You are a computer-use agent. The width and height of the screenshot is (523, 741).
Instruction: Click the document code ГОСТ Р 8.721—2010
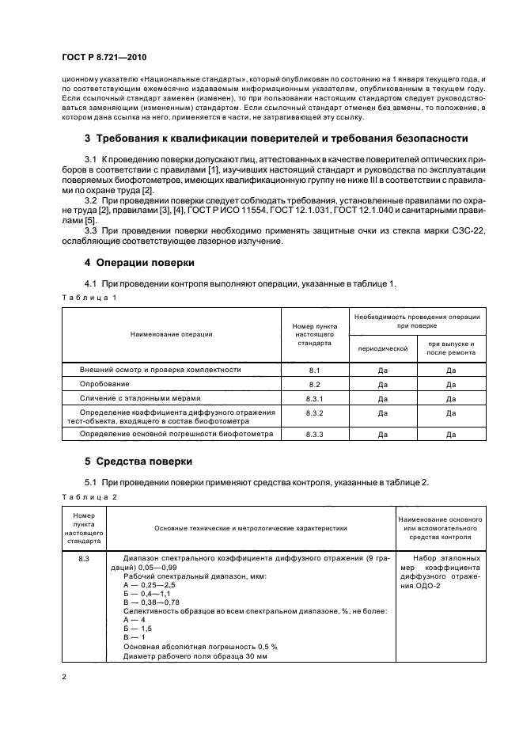[103, 58]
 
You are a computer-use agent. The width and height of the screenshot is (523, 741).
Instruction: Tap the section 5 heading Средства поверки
[138, 461]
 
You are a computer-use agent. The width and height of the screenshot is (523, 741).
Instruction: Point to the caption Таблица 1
[89, 297]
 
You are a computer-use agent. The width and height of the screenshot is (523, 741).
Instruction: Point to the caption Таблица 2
[89, 496]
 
